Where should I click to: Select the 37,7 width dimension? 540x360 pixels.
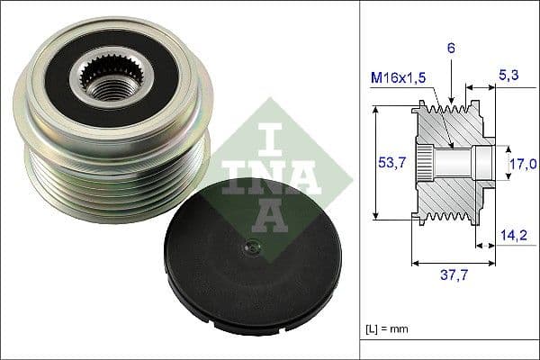tap(453, 279)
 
